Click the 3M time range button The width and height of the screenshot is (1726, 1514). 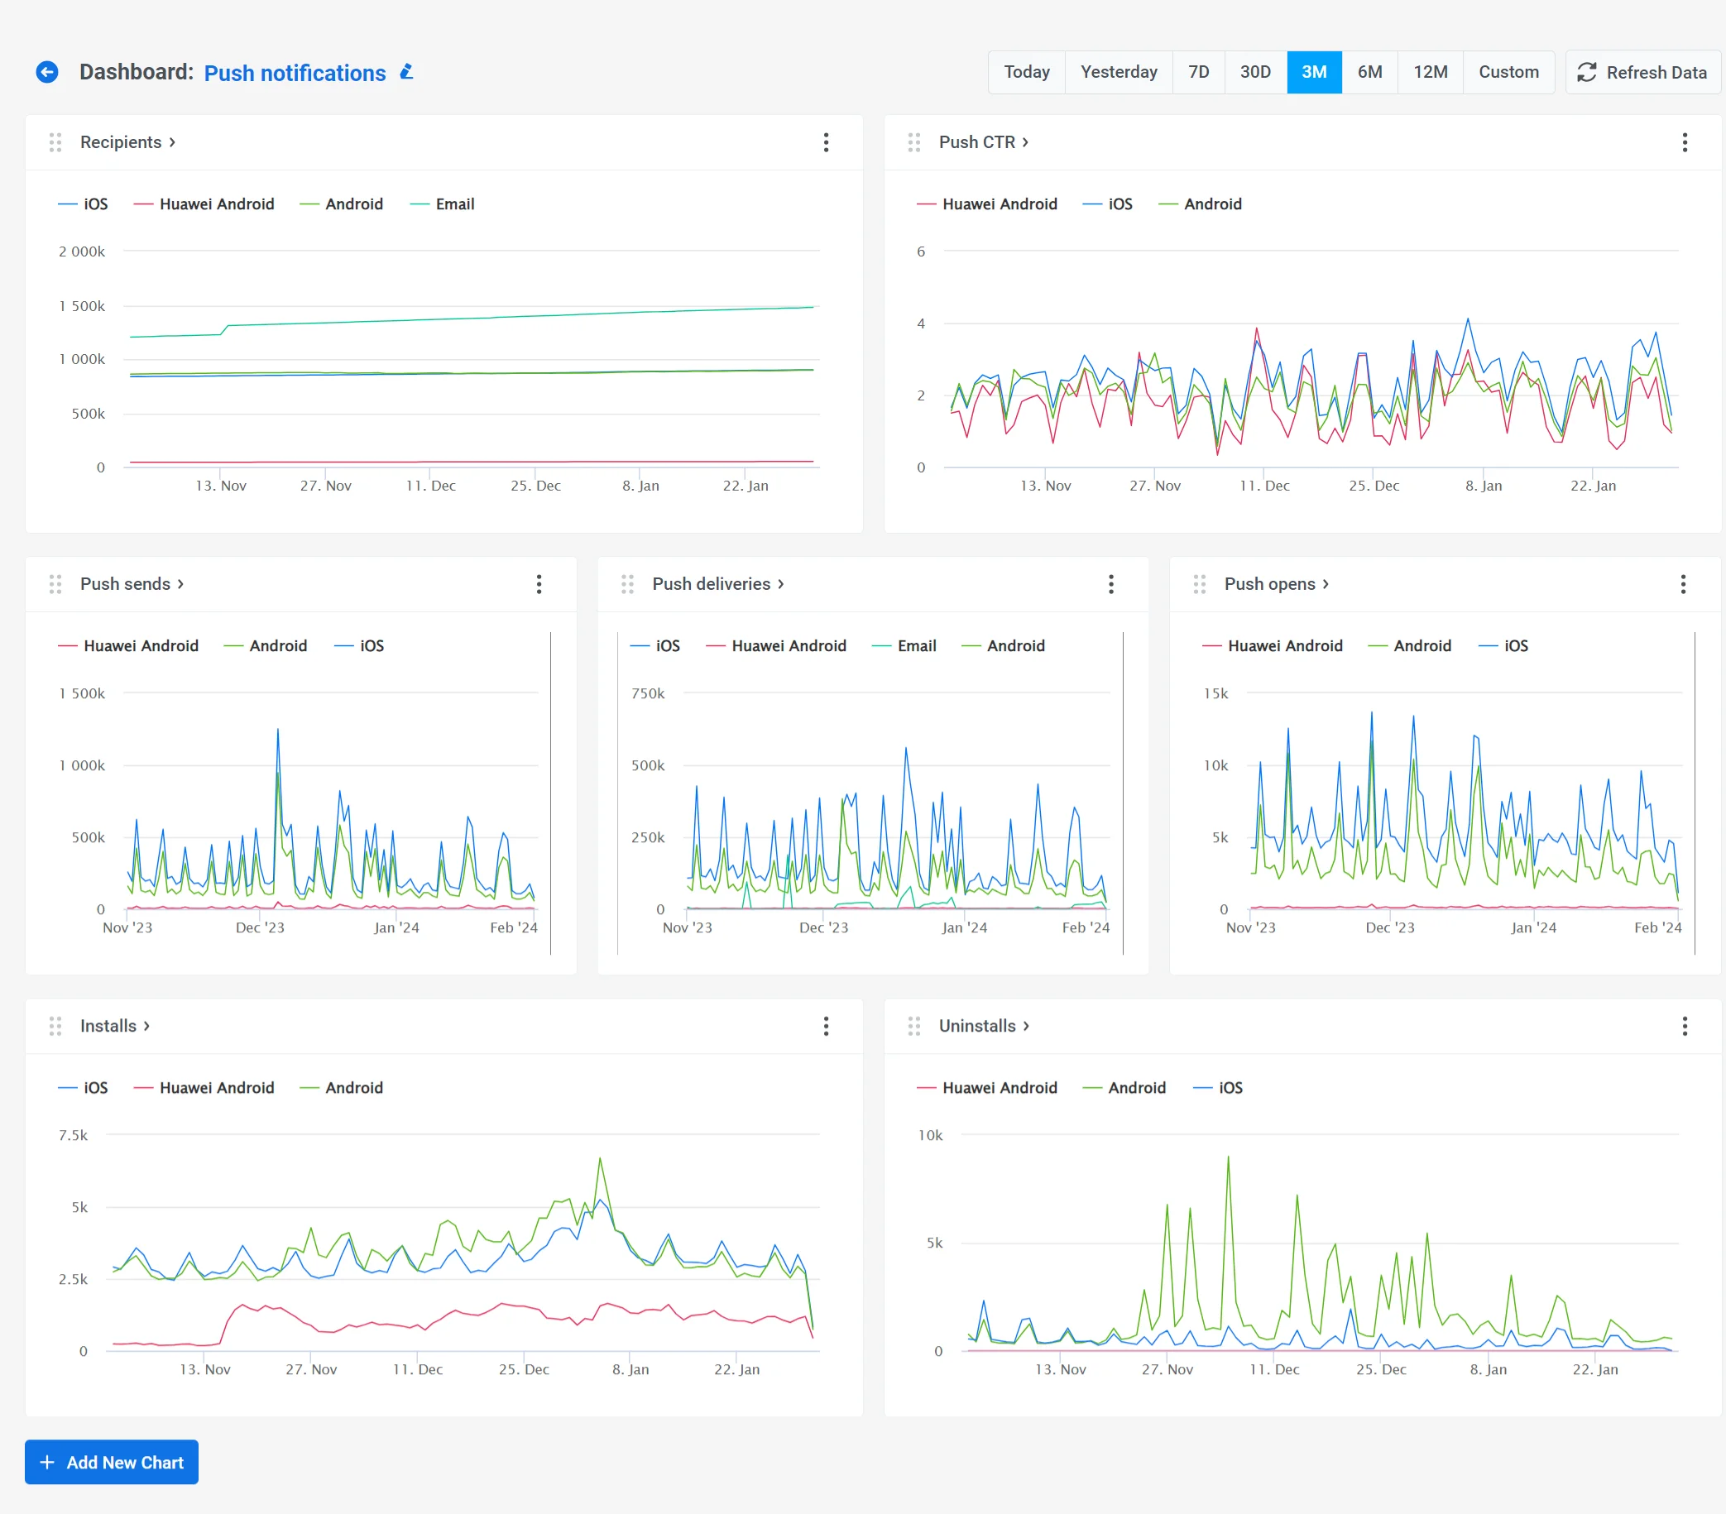point(1313,72)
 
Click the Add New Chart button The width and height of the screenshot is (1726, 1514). point(112,1462)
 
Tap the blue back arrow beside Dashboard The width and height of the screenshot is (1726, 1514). point(47,72)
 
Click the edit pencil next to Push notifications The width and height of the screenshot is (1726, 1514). point(407,72)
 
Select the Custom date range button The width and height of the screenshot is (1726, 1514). point(1508,72)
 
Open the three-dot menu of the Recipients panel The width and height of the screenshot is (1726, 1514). point(826,141)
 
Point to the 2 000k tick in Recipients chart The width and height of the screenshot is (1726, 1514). point(82,252)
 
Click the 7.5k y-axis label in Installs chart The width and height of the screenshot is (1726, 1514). point(74,1135)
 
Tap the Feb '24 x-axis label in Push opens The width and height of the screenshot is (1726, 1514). point(1656,927)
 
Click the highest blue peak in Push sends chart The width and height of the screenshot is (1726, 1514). point(278,730)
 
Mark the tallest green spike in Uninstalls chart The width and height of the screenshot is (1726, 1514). point(1228,1157)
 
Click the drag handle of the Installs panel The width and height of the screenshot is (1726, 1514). point(55,1025)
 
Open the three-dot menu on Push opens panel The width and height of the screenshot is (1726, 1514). point(1683,583)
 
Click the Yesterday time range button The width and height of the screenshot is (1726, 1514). point(1118,72)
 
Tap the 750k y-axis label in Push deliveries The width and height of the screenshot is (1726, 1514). point(648,693)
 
